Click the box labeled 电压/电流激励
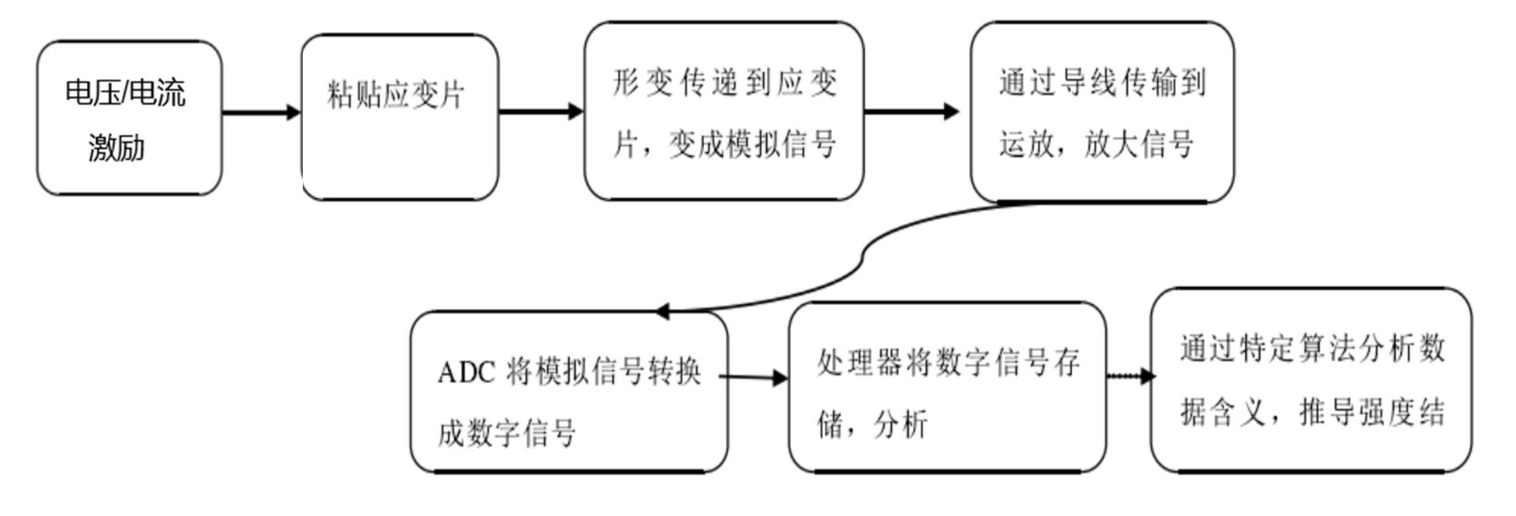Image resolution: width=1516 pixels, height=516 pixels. [x=129, y=118]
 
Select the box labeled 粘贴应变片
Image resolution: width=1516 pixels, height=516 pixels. [x=399, y=116]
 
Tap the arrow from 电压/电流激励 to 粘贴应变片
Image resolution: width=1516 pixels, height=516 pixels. [x=261, y=113]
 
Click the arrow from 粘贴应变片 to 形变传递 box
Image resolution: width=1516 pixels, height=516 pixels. [x=540, y=112]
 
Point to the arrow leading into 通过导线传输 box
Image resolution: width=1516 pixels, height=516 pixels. [x=911, y=112]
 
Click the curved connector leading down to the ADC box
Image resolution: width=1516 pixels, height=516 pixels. [x=862, y=261]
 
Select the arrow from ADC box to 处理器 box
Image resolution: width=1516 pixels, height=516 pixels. [x=753, y=378]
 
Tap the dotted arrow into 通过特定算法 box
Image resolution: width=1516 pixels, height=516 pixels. [x=1130, y=376]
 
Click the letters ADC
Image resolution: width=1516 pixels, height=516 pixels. [x=466, y=373]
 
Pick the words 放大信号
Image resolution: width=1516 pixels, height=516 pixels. [x=1138, y=144]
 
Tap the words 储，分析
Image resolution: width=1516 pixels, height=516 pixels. [x=872, y=424]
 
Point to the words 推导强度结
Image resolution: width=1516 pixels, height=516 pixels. [x=1372, y=412]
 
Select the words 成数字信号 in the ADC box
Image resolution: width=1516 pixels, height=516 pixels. [x=506, y=433]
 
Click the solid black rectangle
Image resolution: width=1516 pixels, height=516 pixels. [x=137, y=369]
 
